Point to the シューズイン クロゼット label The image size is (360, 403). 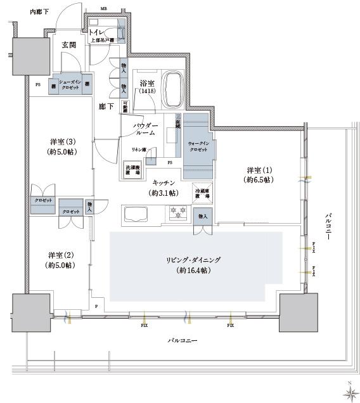point(68,86)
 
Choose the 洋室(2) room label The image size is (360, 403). point(61,260)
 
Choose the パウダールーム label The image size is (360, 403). point(145,131)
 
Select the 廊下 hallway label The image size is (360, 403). point(106,107)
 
